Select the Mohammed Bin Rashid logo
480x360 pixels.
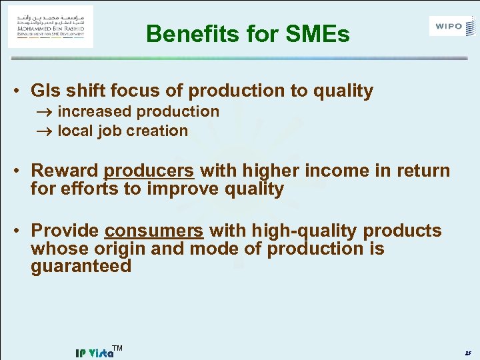(x=51, y=27)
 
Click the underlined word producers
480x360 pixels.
(x=149, y=171)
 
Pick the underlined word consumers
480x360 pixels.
(x=154, y=231)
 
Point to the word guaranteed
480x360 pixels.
(x=81, y=267)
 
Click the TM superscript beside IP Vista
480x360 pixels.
(x=117, y=348)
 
